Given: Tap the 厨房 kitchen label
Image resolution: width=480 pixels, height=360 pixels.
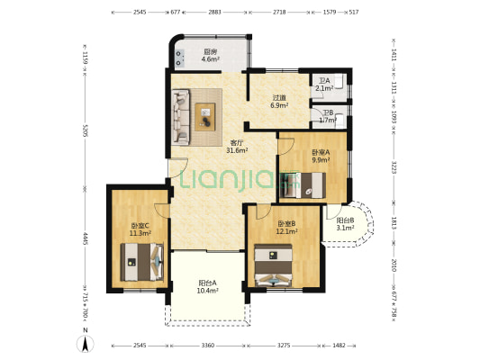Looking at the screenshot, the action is pos(211,51).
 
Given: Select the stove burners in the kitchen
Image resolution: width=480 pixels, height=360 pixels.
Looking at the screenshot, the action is pos(179,58).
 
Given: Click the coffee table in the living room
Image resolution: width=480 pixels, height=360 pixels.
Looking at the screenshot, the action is pos(205,117).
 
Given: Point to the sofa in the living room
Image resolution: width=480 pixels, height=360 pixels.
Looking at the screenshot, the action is pos(181,117).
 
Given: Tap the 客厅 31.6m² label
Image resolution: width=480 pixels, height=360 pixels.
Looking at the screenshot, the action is pos(237,147).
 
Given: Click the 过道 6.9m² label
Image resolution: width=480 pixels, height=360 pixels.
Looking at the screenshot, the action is pos(279,102).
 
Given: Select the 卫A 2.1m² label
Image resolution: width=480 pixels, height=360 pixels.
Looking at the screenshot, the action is pos(324,85).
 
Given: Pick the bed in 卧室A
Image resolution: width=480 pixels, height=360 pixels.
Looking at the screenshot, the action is pos(303,185).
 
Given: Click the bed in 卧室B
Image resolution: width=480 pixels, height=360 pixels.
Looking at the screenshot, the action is pos(274,265).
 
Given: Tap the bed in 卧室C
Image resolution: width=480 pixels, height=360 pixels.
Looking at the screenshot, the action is pos(142,262).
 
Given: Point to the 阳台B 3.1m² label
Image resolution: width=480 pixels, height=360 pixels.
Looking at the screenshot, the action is pos(345,224).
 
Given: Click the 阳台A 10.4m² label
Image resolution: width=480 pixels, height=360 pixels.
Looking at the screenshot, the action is pos(207,286).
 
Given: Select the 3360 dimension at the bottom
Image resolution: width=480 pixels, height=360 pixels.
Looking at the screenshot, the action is pos(207,346).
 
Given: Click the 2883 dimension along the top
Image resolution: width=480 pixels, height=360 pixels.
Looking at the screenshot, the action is pos(214,13).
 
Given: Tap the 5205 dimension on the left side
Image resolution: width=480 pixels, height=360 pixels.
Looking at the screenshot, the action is pos(86,130).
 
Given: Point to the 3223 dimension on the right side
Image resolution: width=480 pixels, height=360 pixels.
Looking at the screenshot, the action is pos(394,167).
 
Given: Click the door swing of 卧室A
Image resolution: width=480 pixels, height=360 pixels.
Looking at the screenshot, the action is pos(285,147).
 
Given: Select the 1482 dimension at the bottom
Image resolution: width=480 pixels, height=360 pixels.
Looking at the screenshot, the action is pos(339,346).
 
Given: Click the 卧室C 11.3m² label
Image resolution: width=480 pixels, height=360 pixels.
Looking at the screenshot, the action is pos(140,229).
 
